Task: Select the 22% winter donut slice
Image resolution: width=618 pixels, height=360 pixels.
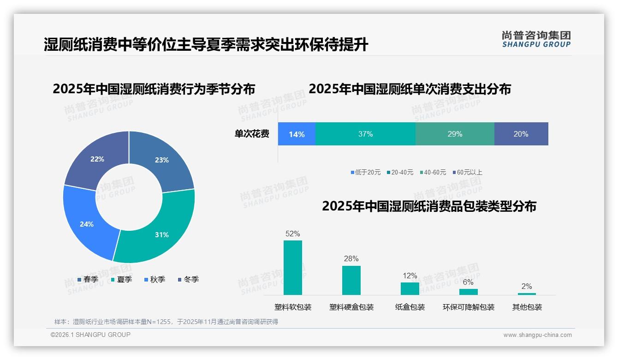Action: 97,159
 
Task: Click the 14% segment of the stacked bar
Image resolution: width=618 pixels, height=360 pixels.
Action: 297,134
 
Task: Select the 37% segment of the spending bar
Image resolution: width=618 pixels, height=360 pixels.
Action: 365,134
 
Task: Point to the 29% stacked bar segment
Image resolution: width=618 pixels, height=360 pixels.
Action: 455,134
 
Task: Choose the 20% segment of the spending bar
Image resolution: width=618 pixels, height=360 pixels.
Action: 521,134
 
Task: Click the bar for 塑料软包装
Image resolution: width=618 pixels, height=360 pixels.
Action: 293,268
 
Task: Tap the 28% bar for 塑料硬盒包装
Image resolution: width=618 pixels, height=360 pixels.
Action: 351,280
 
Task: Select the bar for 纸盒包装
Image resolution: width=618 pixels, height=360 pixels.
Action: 410,288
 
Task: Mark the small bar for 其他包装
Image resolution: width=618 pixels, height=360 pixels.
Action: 527,294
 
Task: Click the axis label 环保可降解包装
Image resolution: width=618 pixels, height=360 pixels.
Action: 469,307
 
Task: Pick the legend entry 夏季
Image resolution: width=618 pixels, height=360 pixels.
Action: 122,280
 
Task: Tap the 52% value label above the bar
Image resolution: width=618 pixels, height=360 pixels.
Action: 293,234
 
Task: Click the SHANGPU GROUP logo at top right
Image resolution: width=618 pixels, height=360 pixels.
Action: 536,39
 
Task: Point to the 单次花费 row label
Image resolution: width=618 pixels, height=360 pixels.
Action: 252,134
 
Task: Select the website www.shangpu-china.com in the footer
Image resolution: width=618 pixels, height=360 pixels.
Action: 537,335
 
